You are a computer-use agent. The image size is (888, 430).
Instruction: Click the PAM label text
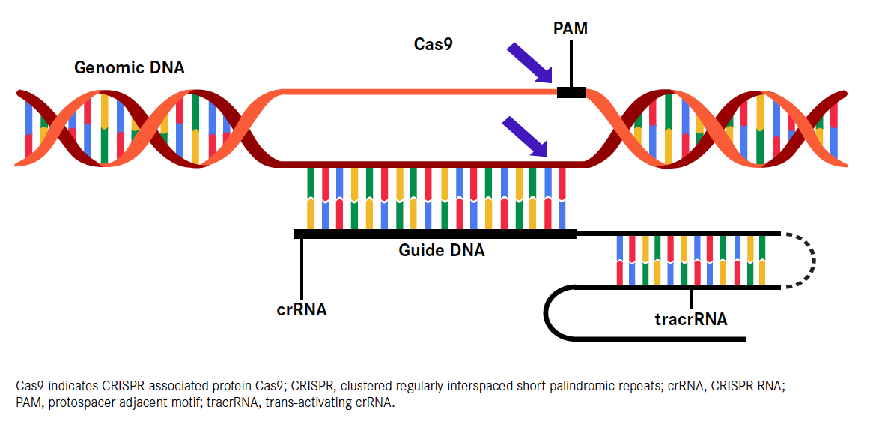571,28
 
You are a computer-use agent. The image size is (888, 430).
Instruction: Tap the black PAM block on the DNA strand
571,92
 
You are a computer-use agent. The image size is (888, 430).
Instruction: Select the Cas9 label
434,44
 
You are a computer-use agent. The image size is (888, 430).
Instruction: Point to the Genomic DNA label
129,67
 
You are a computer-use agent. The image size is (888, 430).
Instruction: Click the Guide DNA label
441,250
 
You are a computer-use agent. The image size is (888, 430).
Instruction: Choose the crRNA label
301,309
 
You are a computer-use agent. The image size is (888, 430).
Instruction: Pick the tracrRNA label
690,319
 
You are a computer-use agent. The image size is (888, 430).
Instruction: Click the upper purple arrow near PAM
529,63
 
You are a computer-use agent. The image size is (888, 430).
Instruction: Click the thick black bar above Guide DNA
434,234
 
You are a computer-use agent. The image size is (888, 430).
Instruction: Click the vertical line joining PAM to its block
571,63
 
